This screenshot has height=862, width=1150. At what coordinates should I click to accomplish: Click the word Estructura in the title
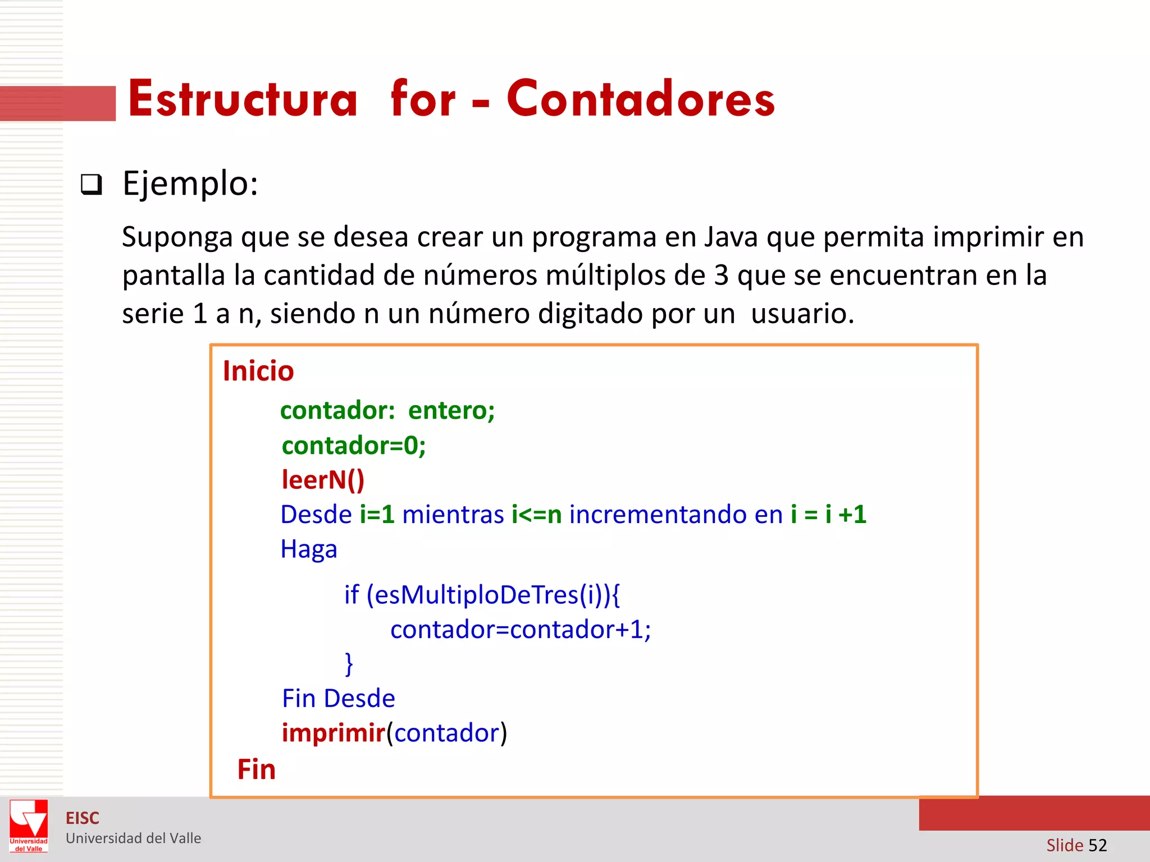tap(243, 99)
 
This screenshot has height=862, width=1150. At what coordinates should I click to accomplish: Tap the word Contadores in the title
tap(640, 99)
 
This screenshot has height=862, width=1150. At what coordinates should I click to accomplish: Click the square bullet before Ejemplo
tap(92, 185)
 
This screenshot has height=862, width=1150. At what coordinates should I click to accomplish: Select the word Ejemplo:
tap(190, 184)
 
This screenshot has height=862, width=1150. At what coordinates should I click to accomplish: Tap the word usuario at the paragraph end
tap(802, 314)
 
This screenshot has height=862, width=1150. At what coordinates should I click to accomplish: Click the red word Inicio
tap(258, 372)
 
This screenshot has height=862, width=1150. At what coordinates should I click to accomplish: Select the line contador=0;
tap(354, 446)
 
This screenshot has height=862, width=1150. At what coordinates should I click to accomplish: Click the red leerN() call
tap(323, 480)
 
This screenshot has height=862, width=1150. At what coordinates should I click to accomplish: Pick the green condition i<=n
tap(536, 515)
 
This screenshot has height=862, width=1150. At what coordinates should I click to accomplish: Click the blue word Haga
tap(309, 549)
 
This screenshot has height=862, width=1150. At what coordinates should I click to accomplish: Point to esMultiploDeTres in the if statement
tap(476, 595)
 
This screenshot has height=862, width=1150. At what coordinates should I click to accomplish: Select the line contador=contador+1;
tap(521, 630)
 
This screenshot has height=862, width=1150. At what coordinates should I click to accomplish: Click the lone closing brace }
tap(349, 664)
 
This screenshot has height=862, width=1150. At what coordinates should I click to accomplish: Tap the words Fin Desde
tap(339, 699)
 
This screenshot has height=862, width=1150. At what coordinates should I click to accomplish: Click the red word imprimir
tap(333, 733)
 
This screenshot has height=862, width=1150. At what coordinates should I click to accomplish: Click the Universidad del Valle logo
tap(29, 826)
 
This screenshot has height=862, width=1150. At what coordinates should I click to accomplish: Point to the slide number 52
tap(1097, 845)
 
